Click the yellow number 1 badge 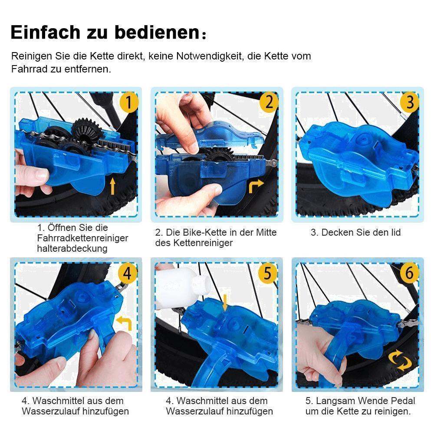128,103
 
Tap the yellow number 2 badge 269,103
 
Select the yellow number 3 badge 409,103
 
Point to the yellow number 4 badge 127,273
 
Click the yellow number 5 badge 268,273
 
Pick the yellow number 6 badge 409,273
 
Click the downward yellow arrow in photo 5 225,302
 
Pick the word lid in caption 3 395,233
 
